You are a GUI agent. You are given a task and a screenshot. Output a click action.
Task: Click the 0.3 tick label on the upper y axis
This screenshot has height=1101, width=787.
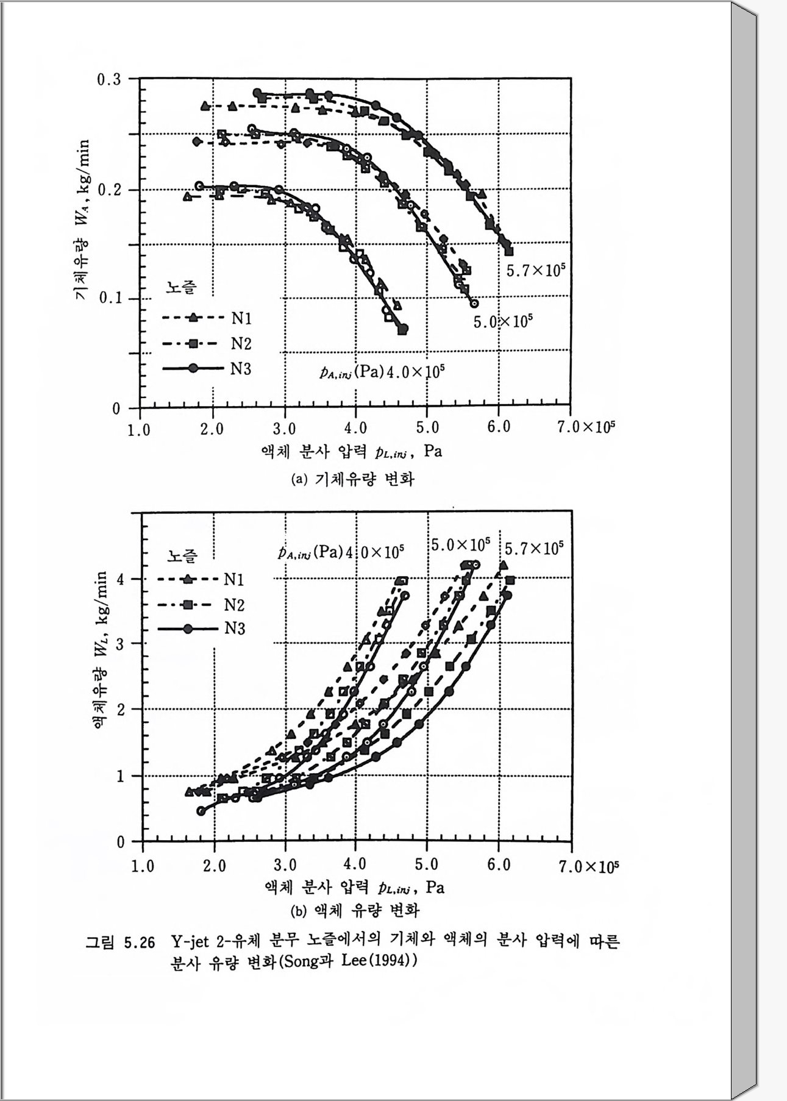[109, 80]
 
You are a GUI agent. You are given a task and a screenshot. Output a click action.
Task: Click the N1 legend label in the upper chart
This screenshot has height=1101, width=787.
[241, 318]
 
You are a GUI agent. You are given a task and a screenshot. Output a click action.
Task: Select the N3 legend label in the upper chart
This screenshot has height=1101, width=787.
[241, 369]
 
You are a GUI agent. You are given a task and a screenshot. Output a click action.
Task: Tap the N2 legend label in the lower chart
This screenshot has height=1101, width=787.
[234, 605]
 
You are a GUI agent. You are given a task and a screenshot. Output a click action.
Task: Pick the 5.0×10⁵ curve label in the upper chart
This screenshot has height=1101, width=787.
[503, 321]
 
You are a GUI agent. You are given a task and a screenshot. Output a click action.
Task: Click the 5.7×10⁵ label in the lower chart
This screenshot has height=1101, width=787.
[533, 549]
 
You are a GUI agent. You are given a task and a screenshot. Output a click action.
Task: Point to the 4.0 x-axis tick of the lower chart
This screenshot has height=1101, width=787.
[355, 865]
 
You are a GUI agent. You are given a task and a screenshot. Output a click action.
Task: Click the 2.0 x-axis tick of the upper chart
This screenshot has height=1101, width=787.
[212, 429]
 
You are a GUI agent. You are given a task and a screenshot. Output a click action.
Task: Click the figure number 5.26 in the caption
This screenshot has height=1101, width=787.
[140, 943]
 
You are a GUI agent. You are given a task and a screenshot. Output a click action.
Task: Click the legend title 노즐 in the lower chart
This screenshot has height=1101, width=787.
[182, 555]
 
